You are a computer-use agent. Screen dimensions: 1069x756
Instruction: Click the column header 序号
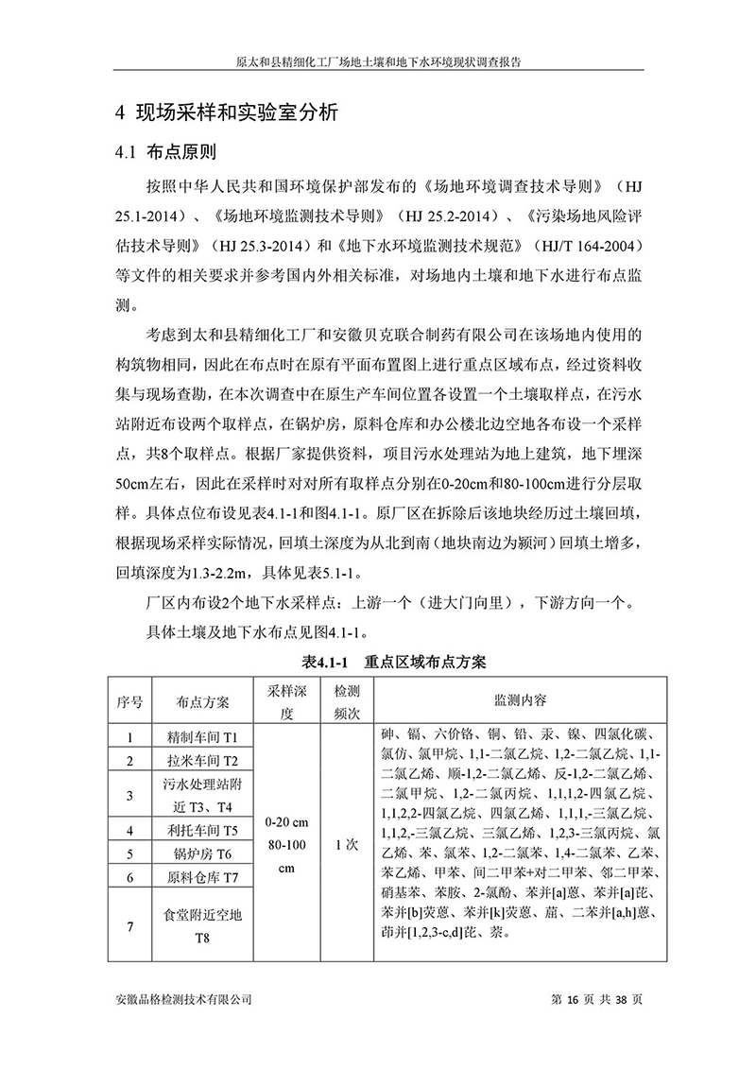coord(130,701)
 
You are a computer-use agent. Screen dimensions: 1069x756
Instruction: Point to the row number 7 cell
coord(130,925)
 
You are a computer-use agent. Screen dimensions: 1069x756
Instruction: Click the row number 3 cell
coord(130,795)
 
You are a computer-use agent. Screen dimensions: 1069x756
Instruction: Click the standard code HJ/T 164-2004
coord(585,247)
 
